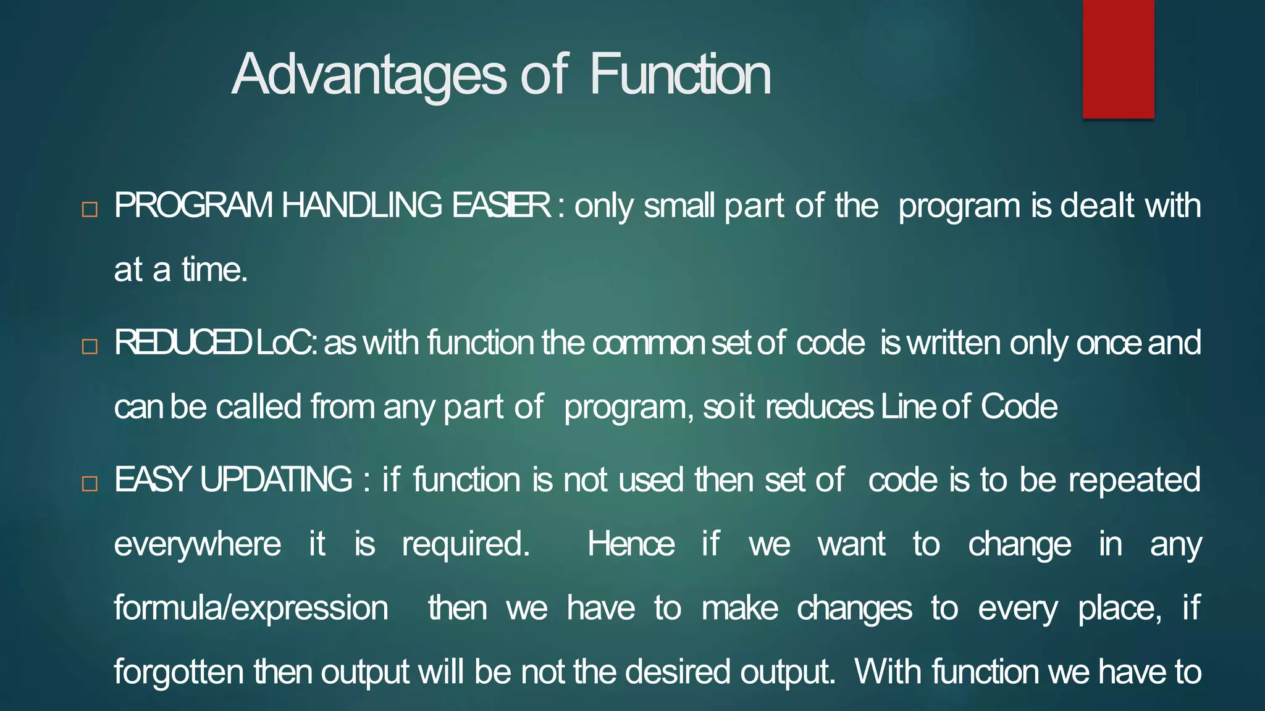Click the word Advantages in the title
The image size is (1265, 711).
click(369, 75)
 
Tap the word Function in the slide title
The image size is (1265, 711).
click(680, 75)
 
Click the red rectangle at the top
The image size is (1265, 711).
click(1118, 59)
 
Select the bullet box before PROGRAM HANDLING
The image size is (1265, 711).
click(90, 209)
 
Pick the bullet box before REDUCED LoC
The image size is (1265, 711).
click(90, 346)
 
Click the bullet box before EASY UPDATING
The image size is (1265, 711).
click(90, 483)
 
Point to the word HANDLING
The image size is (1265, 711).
click(362, 206)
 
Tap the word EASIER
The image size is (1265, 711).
click(501, 206)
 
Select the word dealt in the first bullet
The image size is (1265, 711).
click(1097, 206)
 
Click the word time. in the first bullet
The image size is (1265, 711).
click(214, 270)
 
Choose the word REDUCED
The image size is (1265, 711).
click(182, 343)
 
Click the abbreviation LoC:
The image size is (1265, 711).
click(287, 343)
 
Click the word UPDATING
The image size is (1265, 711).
click(276, 480)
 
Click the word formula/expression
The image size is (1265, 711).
click(251, 609)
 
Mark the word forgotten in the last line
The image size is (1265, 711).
click(179, 672)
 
